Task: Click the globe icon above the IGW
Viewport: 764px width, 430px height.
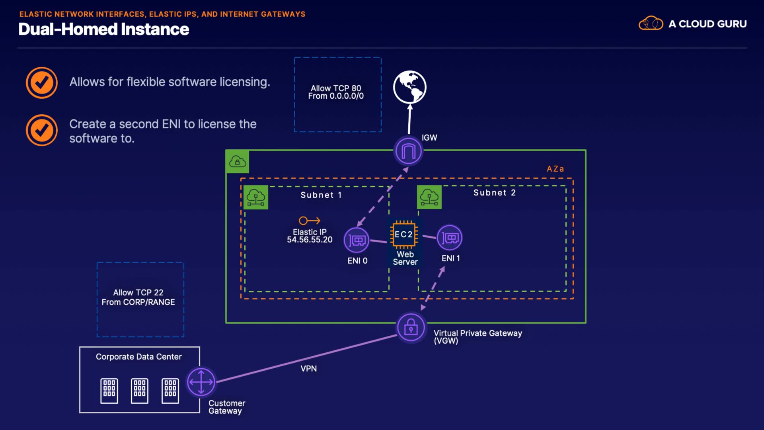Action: (x=409, y=87)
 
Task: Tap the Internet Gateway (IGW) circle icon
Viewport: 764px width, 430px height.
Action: (x=408, y=151)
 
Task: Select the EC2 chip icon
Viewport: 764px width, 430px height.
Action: (x=404, y=235)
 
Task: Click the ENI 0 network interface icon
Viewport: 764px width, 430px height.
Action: (x=357, y=240)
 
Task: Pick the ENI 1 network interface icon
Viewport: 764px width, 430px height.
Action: (x=450, y=238)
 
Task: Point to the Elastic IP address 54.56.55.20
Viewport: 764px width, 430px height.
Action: (x=310, y=240)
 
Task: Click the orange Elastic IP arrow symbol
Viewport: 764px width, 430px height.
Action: (x=310, y=221)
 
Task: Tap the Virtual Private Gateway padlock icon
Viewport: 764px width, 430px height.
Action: (x=411, y=328)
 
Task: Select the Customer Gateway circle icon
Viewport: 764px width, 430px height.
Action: (x=201, y=382)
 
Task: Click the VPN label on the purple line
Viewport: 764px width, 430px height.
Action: (x=309, y=369)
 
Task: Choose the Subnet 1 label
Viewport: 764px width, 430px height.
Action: (x=321, y=195)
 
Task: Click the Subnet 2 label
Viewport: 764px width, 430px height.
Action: (x=495, y=193)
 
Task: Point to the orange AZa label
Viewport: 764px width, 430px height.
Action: (x=555, y=169)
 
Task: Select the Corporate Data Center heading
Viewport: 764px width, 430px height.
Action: (x=139, y=357)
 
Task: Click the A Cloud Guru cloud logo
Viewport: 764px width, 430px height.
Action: (x=651, y=23)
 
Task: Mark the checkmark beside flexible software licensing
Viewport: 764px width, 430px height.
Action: (x=42, y=83)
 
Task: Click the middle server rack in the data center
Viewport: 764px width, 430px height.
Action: (x=140, y=390)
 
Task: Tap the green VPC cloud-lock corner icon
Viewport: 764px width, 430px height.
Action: (x=238, y=162)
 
